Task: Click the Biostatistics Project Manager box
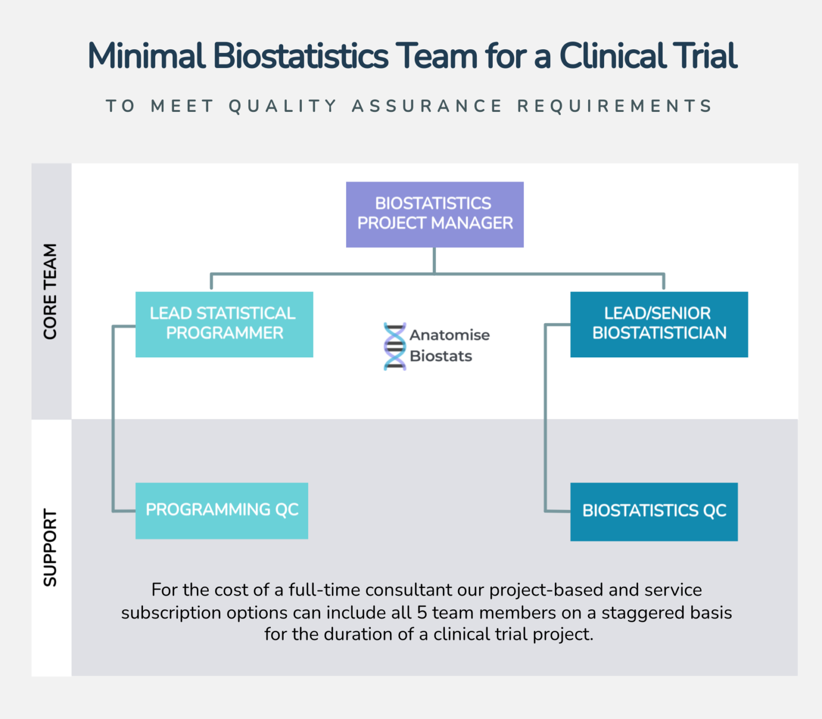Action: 435,214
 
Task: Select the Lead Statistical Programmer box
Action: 224,324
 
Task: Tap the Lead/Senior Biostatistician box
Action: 659,324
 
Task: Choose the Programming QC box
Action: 222,510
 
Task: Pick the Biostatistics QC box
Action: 653,511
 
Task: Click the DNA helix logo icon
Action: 395,346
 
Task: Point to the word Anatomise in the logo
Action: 450,335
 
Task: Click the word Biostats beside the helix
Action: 440,356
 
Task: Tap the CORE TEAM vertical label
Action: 50,292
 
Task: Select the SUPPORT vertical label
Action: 50,547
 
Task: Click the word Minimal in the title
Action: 147,56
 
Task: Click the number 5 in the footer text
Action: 422,613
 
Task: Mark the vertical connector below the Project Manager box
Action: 434,260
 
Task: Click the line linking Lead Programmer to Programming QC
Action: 113,417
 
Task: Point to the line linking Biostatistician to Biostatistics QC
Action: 545,417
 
